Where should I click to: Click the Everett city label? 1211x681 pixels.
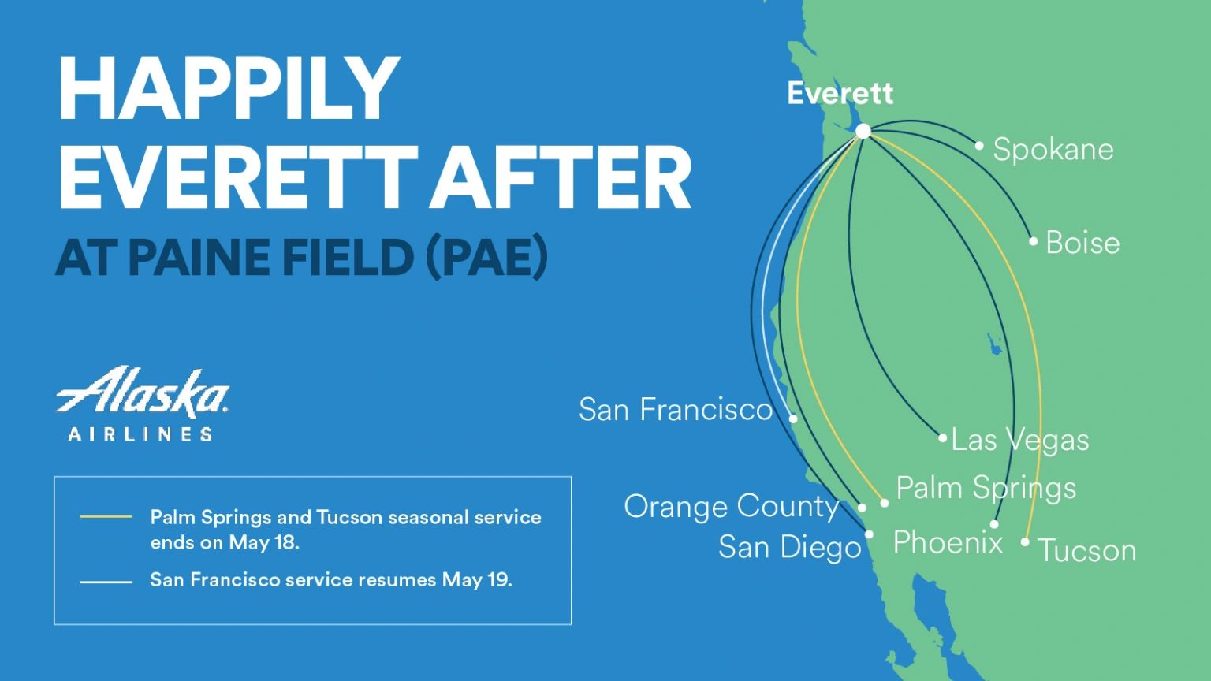coord(840,94)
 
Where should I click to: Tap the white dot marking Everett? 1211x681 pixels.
coord(863,131)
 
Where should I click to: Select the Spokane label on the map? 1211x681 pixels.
coord(1053,150)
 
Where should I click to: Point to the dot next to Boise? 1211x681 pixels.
coord(1034,241)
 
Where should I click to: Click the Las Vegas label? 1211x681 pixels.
coord(1019,440)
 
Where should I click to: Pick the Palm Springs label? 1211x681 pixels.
coord(986,488)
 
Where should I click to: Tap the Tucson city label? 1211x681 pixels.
coord(1086,550)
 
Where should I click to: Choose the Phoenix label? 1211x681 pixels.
coord(948,542)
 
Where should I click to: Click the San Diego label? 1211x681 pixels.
coord(789,547)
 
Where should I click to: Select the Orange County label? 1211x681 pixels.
coord(731,506)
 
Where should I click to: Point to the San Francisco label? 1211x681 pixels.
coord(676,409)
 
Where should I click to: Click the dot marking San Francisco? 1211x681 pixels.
coord(793,419)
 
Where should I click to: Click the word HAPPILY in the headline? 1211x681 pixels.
coord(229,87)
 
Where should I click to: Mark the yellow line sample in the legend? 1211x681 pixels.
coord(106,518)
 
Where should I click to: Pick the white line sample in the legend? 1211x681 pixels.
coord(106,582)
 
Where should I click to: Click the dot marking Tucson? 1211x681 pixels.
coord(1025,542)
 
